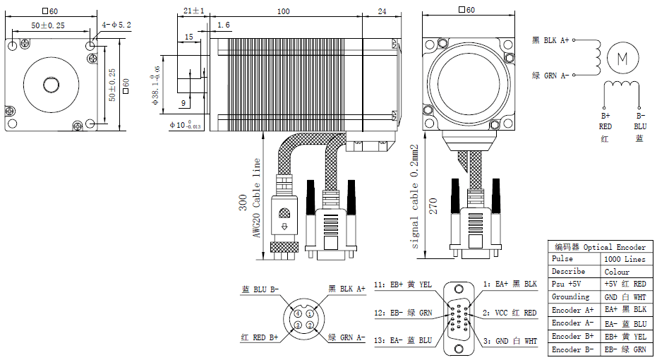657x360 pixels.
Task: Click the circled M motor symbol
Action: click(622, 58)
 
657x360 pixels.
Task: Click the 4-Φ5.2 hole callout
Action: click(116, 25)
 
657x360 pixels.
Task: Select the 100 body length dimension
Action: click(283, 12)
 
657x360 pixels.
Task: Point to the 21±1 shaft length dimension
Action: click(193, 12)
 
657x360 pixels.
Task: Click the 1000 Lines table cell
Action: click(625, 259)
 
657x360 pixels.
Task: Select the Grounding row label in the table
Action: click(570, 297)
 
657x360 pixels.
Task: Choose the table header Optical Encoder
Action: click(601, 247)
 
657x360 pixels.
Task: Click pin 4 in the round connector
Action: click(299, 313)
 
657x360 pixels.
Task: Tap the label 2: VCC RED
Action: click(510, 313)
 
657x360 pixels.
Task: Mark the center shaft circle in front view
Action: click(52, 85)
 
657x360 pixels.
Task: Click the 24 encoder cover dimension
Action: click(382, 12)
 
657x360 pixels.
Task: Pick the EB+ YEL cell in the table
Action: click(625, 337)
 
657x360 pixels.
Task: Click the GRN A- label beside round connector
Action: click(346, 337)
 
